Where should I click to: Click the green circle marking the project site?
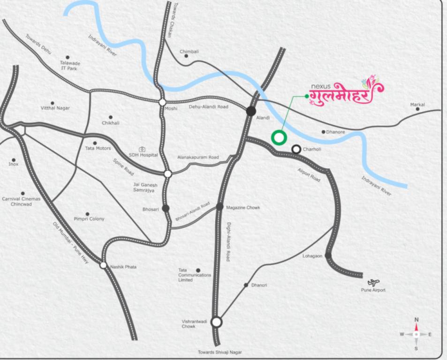pos(279,137)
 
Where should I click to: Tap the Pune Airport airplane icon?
pos(373,282)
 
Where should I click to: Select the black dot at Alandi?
pos(251,111)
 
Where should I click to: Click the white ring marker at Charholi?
pos(296,149)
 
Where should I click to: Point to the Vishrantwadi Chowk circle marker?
pos(216,322)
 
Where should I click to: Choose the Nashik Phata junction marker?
pos(103,265)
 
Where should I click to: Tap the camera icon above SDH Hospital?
pos(142,149)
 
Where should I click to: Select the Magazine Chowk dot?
pos(220,206)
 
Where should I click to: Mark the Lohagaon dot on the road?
pos(328,255)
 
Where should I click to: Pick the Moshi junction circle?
pos(162,102)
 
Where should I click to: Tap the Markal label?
pos(417,105)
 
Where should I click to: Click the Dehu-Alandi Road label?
pos(208,107)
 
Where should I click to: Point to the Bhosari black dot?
pos(166,208)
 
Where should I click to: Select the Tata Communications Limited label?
pos(195,275)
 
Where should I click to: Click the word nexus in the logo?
pos(320,86)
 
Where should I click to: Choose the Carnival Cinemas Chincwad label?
pos(21,201)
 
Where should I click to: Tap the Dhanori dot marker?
pos(246,285)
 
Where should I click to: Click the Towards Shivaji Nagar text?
pos(220,352)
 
